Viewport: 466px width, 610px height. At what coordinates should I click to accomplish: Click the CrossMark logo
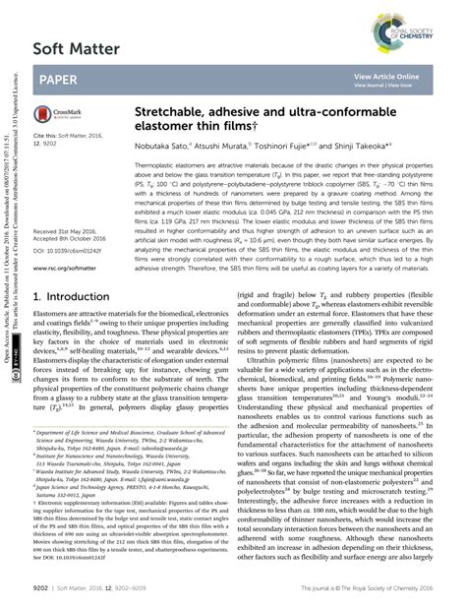pos(60,115)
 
